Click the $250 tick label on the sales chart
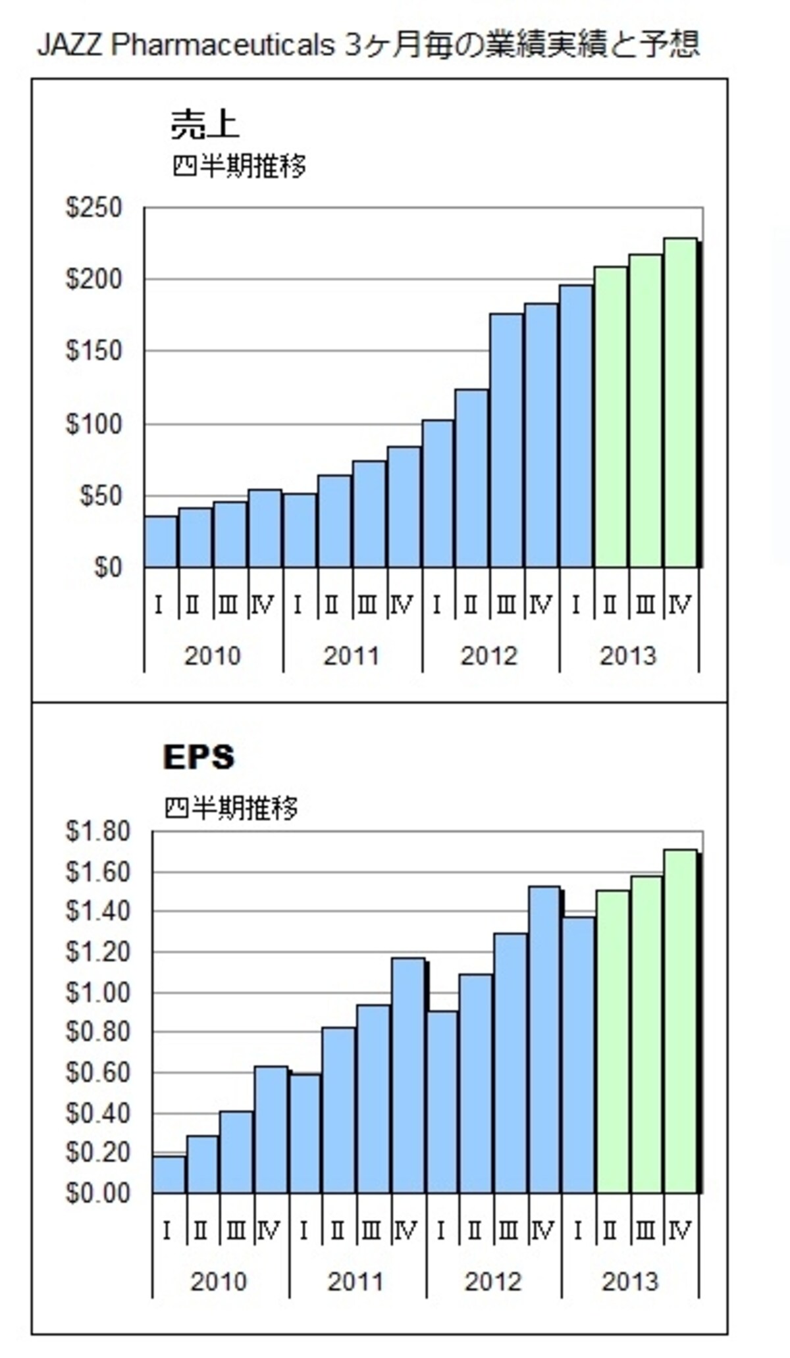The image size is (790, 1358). [94, 208]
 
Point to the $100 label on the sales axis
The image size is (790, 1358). [94, 424]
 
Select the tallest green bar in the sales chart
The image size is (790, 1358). [680, 403]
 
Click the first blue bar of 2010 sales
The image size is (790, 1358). [161, 542]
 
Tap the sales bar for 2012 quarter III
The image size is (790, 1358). [506, 441]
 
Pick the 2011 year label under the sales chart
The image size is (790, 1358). [351, 656]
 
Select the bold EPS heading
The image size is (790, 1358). [198, 757]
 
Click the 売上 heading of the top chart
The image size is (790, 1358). [205, 124]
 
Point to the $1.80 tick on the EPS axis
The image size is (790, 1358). [98, 831]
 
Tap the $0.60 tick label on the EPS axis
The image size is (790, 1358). [98, 1072]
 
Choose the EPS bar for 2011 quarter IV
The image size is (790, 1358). [408, 1076]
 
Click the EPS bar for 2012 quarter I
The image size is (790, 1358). [442, 1102]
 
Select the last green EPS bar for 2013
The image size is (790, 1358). [681, 1022]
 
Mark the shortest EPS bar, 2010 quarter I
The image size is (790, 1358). [169, 1175]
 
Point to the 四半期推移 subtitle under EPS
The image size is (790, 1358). [231, 808]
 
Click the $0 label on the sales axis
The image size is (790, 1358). [109, 568]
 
